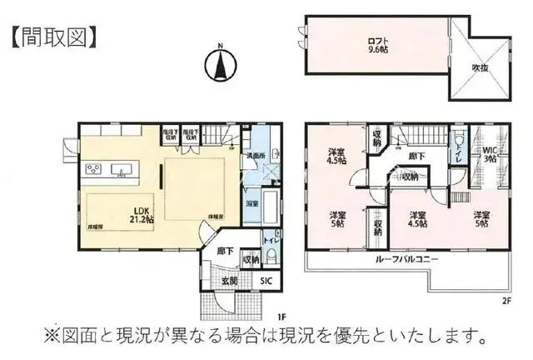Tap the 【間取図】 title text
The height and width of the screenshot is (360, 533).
[x=55, y=36]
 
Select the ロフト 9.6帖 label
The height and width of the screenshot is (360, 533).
[x=380, y=42]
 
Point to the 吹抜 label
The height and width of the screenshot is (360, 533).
[x=481, y=67]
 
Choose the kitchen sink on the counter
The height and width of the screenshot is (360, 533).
[x=122, y=172]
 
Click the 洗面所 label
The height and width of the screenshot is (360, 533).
[x=255, y=155]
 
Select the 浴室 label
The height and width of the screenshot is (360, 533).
[x=251, y=202]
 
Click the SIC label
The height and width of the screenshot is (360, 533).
[x=266, y=282]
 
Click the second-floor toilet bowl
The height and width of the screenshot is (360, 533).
[x=457, y=142]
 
